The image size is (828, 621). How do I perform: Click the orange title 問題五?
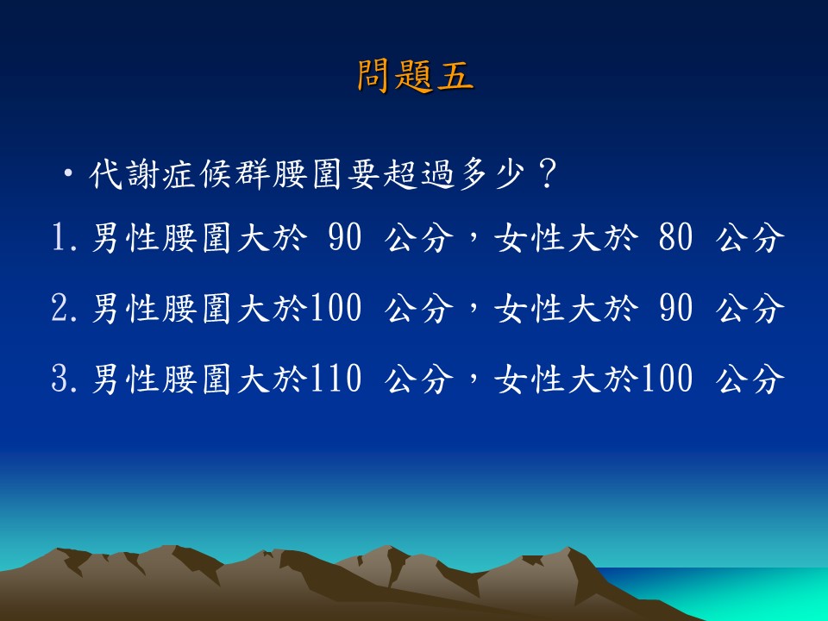pyautogui.click(x=415, y=76)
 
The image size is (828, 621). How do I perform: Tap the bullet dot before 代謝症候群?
pyautogui.click(x=67, y=173)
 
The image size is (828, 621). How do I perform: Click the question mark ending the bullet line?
pyautogui.click(x=547, y=174)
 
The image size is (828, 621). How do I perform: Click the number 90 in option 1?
pyautogui.click(x=345, y=237)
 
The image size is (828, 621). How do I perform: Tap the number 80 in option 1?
pyautogui.click(x=675, y=237)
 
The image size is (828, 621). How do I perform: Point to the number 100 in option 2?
pyautogui.click(x=336, y=308)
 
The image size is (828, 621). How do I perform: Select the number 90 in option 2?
pyautogui.click(x=675, y=308)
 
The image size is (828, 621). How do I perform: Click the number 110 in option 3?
pyautogui.click(x=336, y=379)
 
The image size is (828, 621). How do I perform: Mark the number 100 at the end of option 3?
pyautogui.click(x=667, y=379)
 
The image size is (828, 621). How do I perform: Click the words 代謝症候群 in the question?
pyautogui.click(x=179, y=174)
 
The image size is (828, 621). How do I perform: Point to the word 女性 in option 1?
pyautogui.click(x=529, y=237)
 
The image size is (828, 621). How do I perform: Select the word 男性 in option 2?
pyautogui.click(x=126, y=308)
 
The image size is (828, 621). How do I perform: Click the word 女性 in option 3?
pyautogui.click(x=529, y=379)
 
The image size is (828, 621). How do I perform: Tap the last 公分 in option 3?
pyautogui.click(x=750, y=379)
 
